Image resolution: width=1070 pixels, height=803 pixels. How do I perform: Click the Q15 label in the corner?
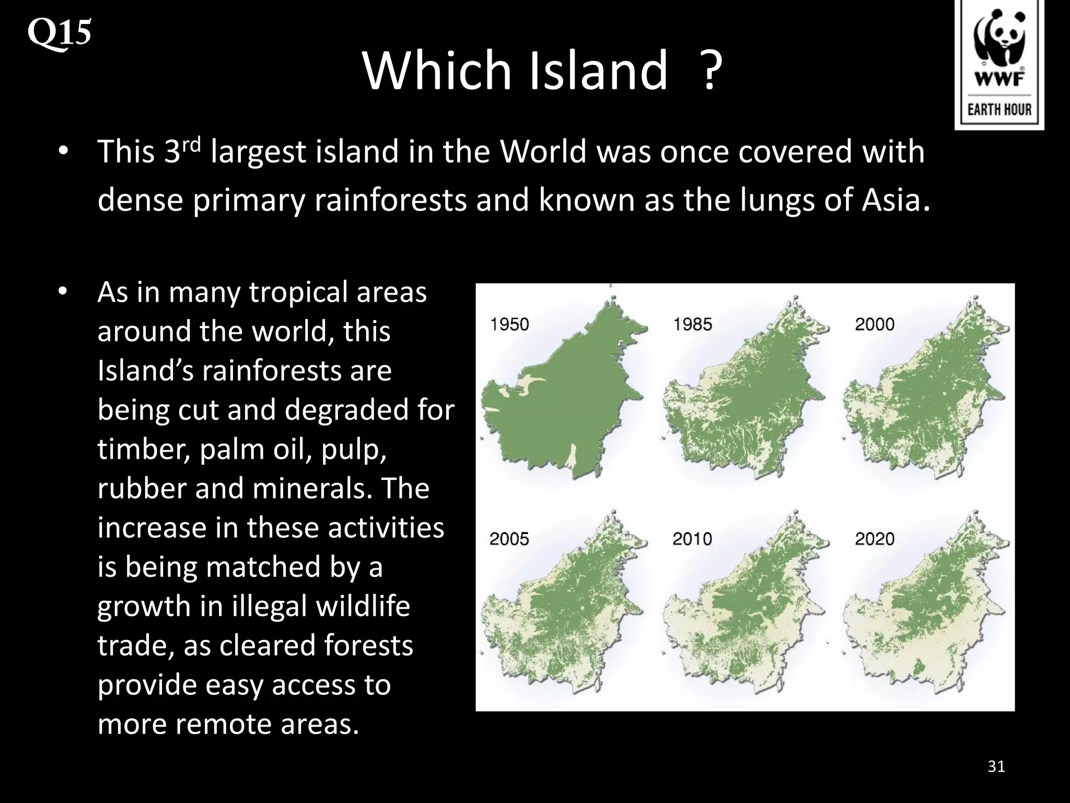pyautogui.click(x=59, y=32)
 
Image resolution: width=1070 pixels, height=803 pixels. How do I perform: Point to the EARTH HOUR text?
pyautogui.click(x=999, y=109)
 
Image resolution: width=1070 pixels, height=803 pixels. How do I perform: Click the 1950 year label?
pyautogui.click(x=509, y=325)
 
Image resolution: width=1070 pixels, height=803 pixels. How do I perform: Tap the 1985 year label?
pyautogui.click(x=692, y=325)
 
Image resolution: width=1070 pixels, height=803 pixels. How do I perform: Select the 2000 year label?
pyautogui.click(x=875, y=325)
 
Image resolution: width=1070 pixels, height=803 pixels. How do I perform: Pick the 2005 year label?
pyautogui.click(x=509, y=539)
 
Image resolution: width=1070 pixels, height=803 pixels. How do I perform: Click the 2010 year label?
pyautogui.click(x=692, y=539)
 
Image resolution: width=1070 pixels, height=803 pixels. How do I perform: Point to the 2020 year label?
pyautogui.click(x=875, y=539)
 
